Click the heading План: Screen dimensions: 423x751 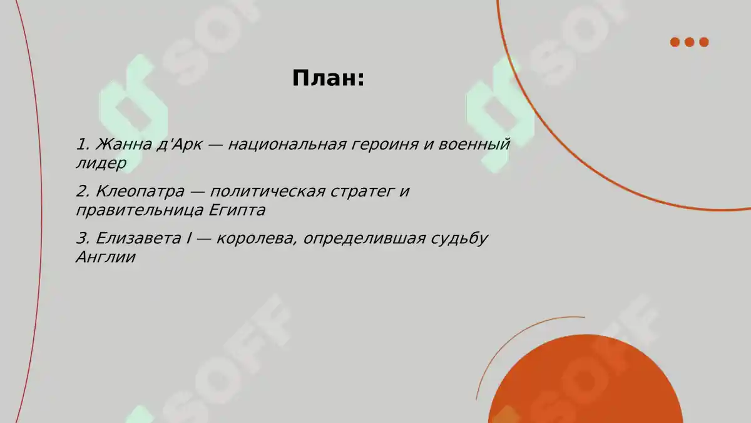click(x=328, y=79)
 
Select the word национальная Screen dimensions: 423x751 click(x=287, y=145)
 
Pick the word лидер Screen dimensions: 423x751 click(x=101, y=164)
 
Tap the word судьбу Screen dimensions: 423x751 click(x=459, y=239)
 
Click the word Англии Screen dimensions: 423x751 click(x=105, y=258)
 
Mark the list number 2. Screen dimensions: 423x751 click(x=82, y=192)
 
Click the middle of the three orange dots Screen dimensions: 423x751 click(x=690, y=42)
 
